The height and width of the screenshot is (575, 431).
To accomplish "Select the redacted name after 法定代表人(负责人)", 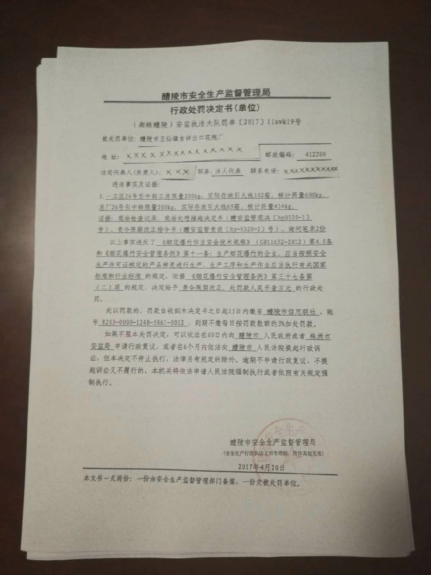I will click(x=177, y=172).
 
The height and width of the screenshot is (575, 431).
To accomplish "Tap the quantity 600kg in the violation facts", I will click(x=314, y=196).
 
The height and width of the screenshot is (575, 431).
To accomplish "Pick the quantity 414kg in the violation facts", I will click(x=288, y=207).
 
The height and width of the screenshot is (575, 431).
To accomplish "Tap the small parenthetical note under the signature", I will click(x=274, y=453).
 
